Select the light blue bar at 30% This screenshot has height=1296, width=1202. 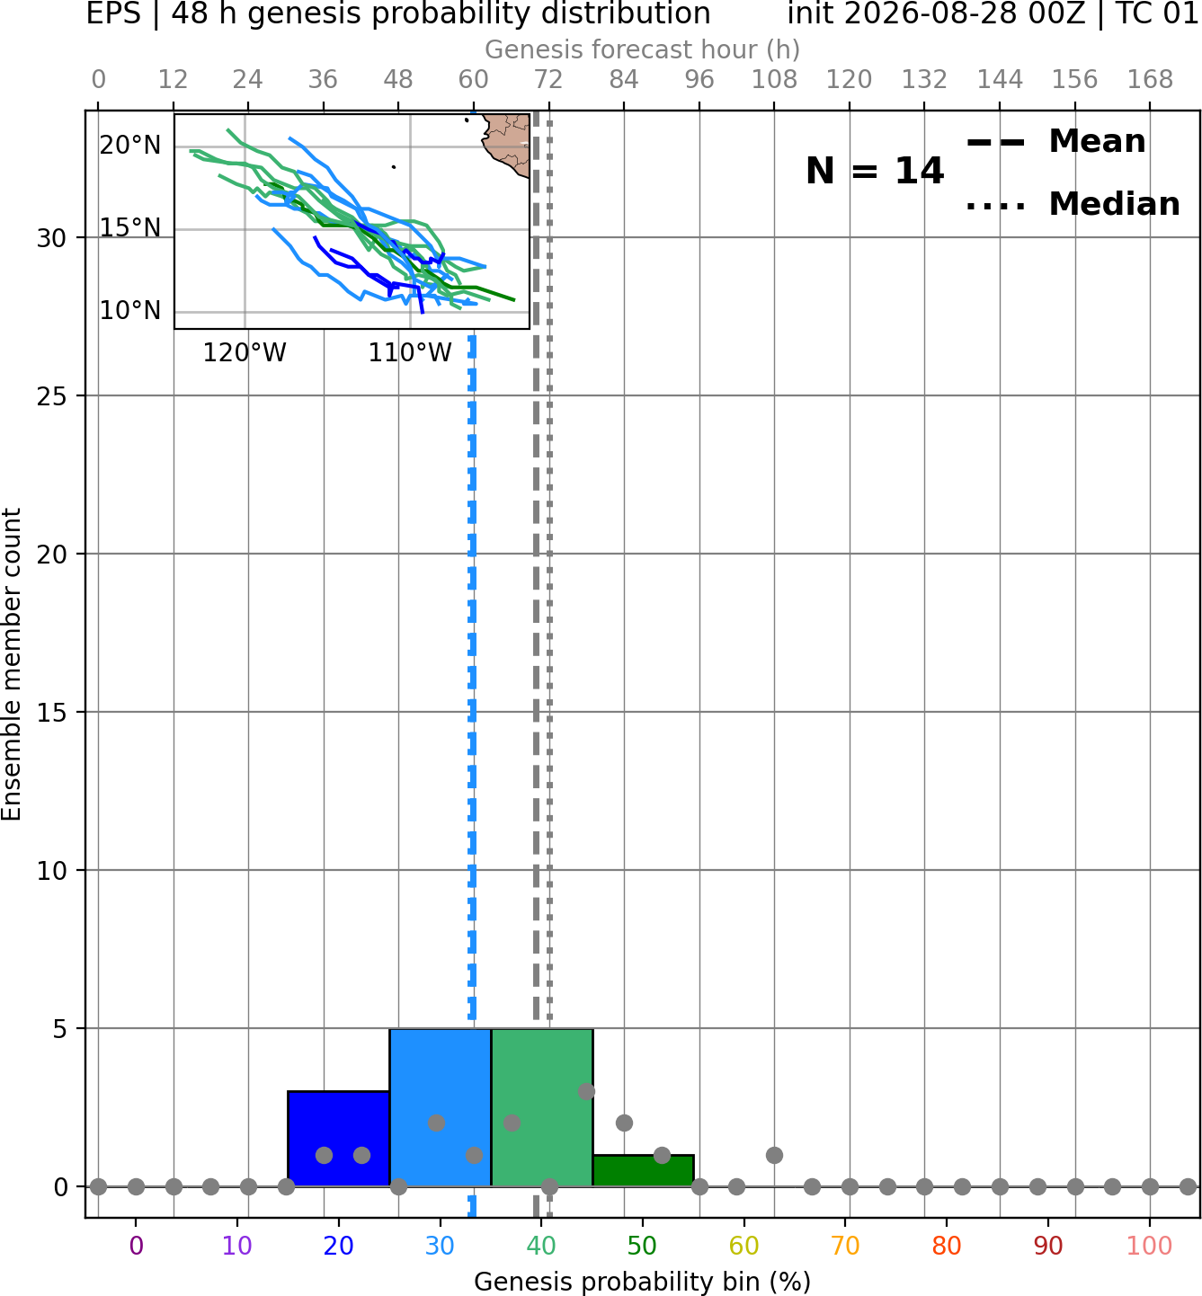point(440,1107)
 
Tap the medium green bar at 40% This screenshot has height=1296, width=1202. point(542,1107)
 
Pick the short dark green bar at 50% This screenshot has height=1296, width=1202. point(643,1170)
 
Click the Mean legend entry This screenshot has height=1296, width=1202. point(1055,142)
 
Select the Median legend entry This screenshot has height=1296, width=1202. point(1073,204)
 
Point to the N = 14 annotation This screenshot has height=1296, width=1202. point(874,171)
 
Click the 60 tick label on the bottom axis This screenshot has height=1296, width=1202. point(744,1246)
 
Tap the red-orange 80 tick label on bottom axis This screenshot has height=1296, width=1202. point(947,1246)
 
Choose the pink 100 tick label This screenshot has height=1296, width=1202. point(1149,1246)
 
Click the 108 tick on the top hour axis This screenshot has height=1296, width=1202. point(774,80)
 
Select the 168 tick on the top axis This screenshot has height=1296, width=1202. point(1150,80)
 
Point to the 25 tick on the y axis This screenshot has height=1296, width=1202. point(52,396)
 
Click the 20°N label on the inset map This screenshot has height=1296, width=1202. point(130,145)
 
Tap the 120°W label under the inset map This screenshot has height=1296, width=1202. point(245,353)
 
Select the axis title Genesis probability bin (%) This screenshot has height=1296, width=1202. point(643,1282)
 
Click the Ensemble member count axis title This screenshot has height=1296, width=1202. point(11,664)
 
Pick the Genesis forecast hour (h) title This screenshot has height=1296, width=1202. point(643,49)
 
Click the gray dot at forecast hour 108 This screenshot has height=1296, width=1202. point(774,1155)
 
